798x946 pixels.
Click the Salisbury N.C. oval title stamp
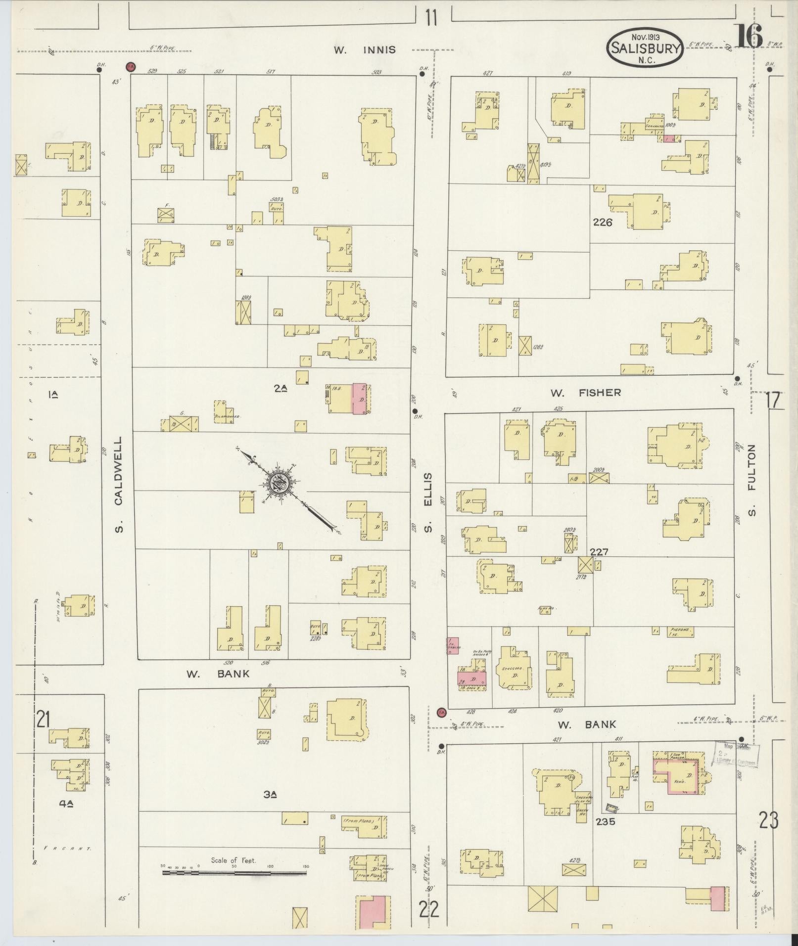point(645,48)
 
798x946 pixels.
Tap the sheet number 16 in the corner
point(750,36)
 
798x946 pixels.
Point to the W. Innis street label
point(364,49)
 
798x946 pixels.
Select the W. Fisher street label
point(585,393)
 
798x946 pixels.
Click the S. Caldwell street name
point(118,484)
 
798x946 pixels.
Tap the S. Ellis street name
point(428,502)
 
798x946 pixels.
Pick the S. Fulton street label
point(752,480)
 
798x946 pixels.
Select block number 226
point(603,223)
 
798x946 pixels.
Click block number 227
point(599,552)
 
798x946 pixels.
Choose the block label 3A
point(270,795)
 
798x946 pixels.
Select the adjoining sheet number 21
point(43,719)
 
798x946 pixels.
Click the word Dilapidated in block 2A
point(228,416)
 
